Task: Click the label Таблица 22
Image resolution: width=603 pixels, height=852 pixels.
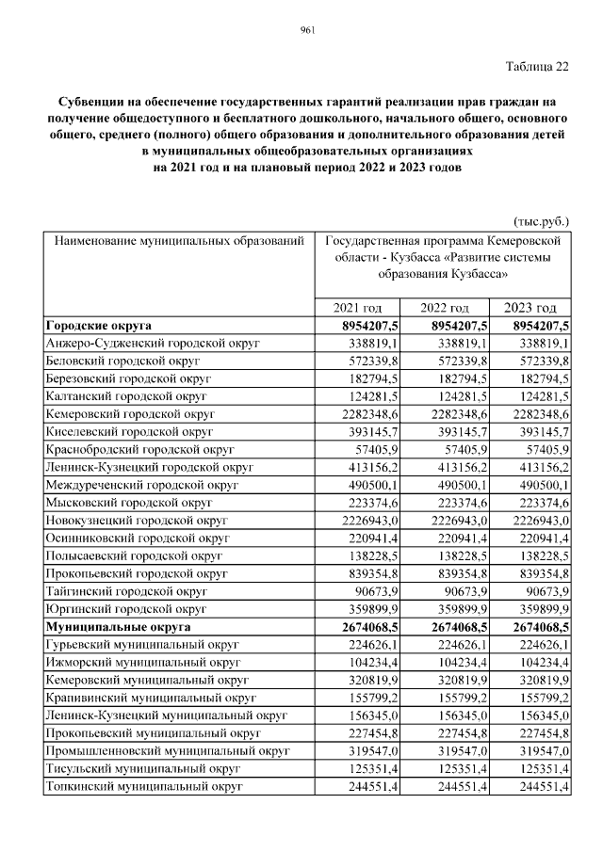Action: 537,66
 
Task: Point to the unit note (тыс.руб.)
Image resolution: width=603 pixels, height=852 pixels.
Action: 542,222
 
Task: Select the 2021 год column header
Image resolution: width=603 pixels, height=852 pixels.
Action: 358,309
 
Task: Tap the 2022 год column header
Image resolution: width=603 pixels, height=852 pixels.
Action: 445,309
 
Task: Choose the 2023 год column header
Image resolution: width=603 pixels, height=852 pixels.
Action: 530,309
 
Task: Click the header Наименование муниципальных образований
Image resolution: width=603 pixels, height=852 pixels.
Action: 179,241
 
